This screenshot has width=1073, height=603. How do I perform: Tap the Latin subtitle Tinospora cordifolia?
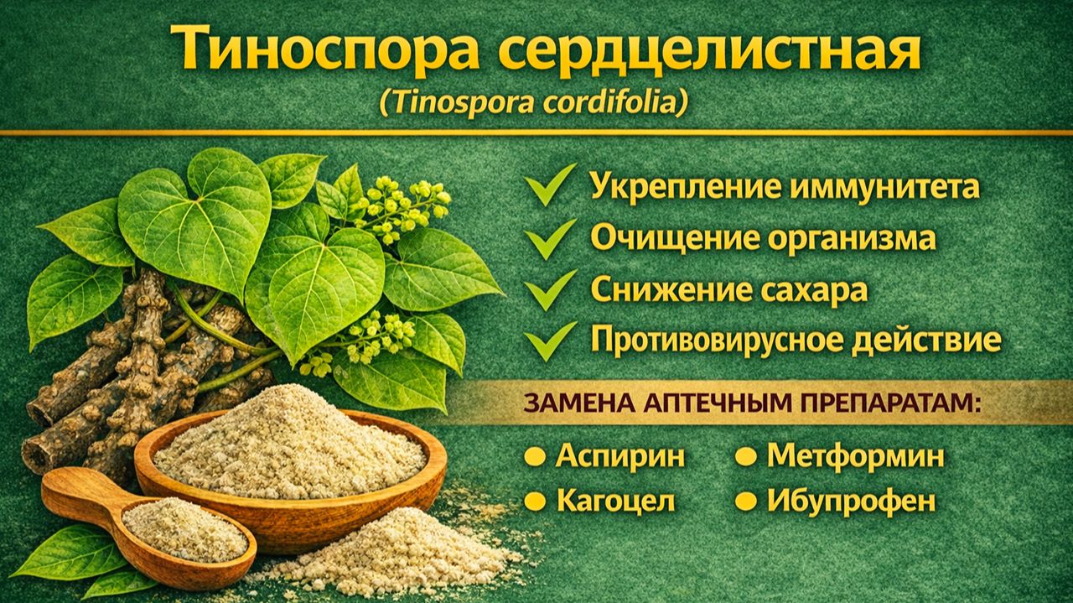click(533, 102)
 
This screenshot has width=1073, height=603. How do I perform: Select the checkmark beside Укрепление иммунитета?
click(551, 185)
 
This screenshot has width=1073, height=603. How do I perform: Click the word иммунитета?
click(884, 186)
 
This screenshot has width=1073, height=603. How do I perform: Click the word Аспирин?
click(620, 457)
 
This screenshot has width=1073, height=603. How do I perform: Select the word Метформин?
click(855, 457)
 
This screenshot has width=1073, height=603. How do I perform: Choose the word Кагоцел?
click(615, 502)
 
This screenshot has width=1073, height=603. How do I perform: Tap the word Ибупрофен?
click(851, 502)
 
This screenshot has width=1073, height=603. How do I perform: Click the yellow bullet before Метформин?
click(745, 457)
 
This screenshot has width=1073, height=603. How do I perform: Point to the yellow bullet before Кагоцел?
click(534, 502)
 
